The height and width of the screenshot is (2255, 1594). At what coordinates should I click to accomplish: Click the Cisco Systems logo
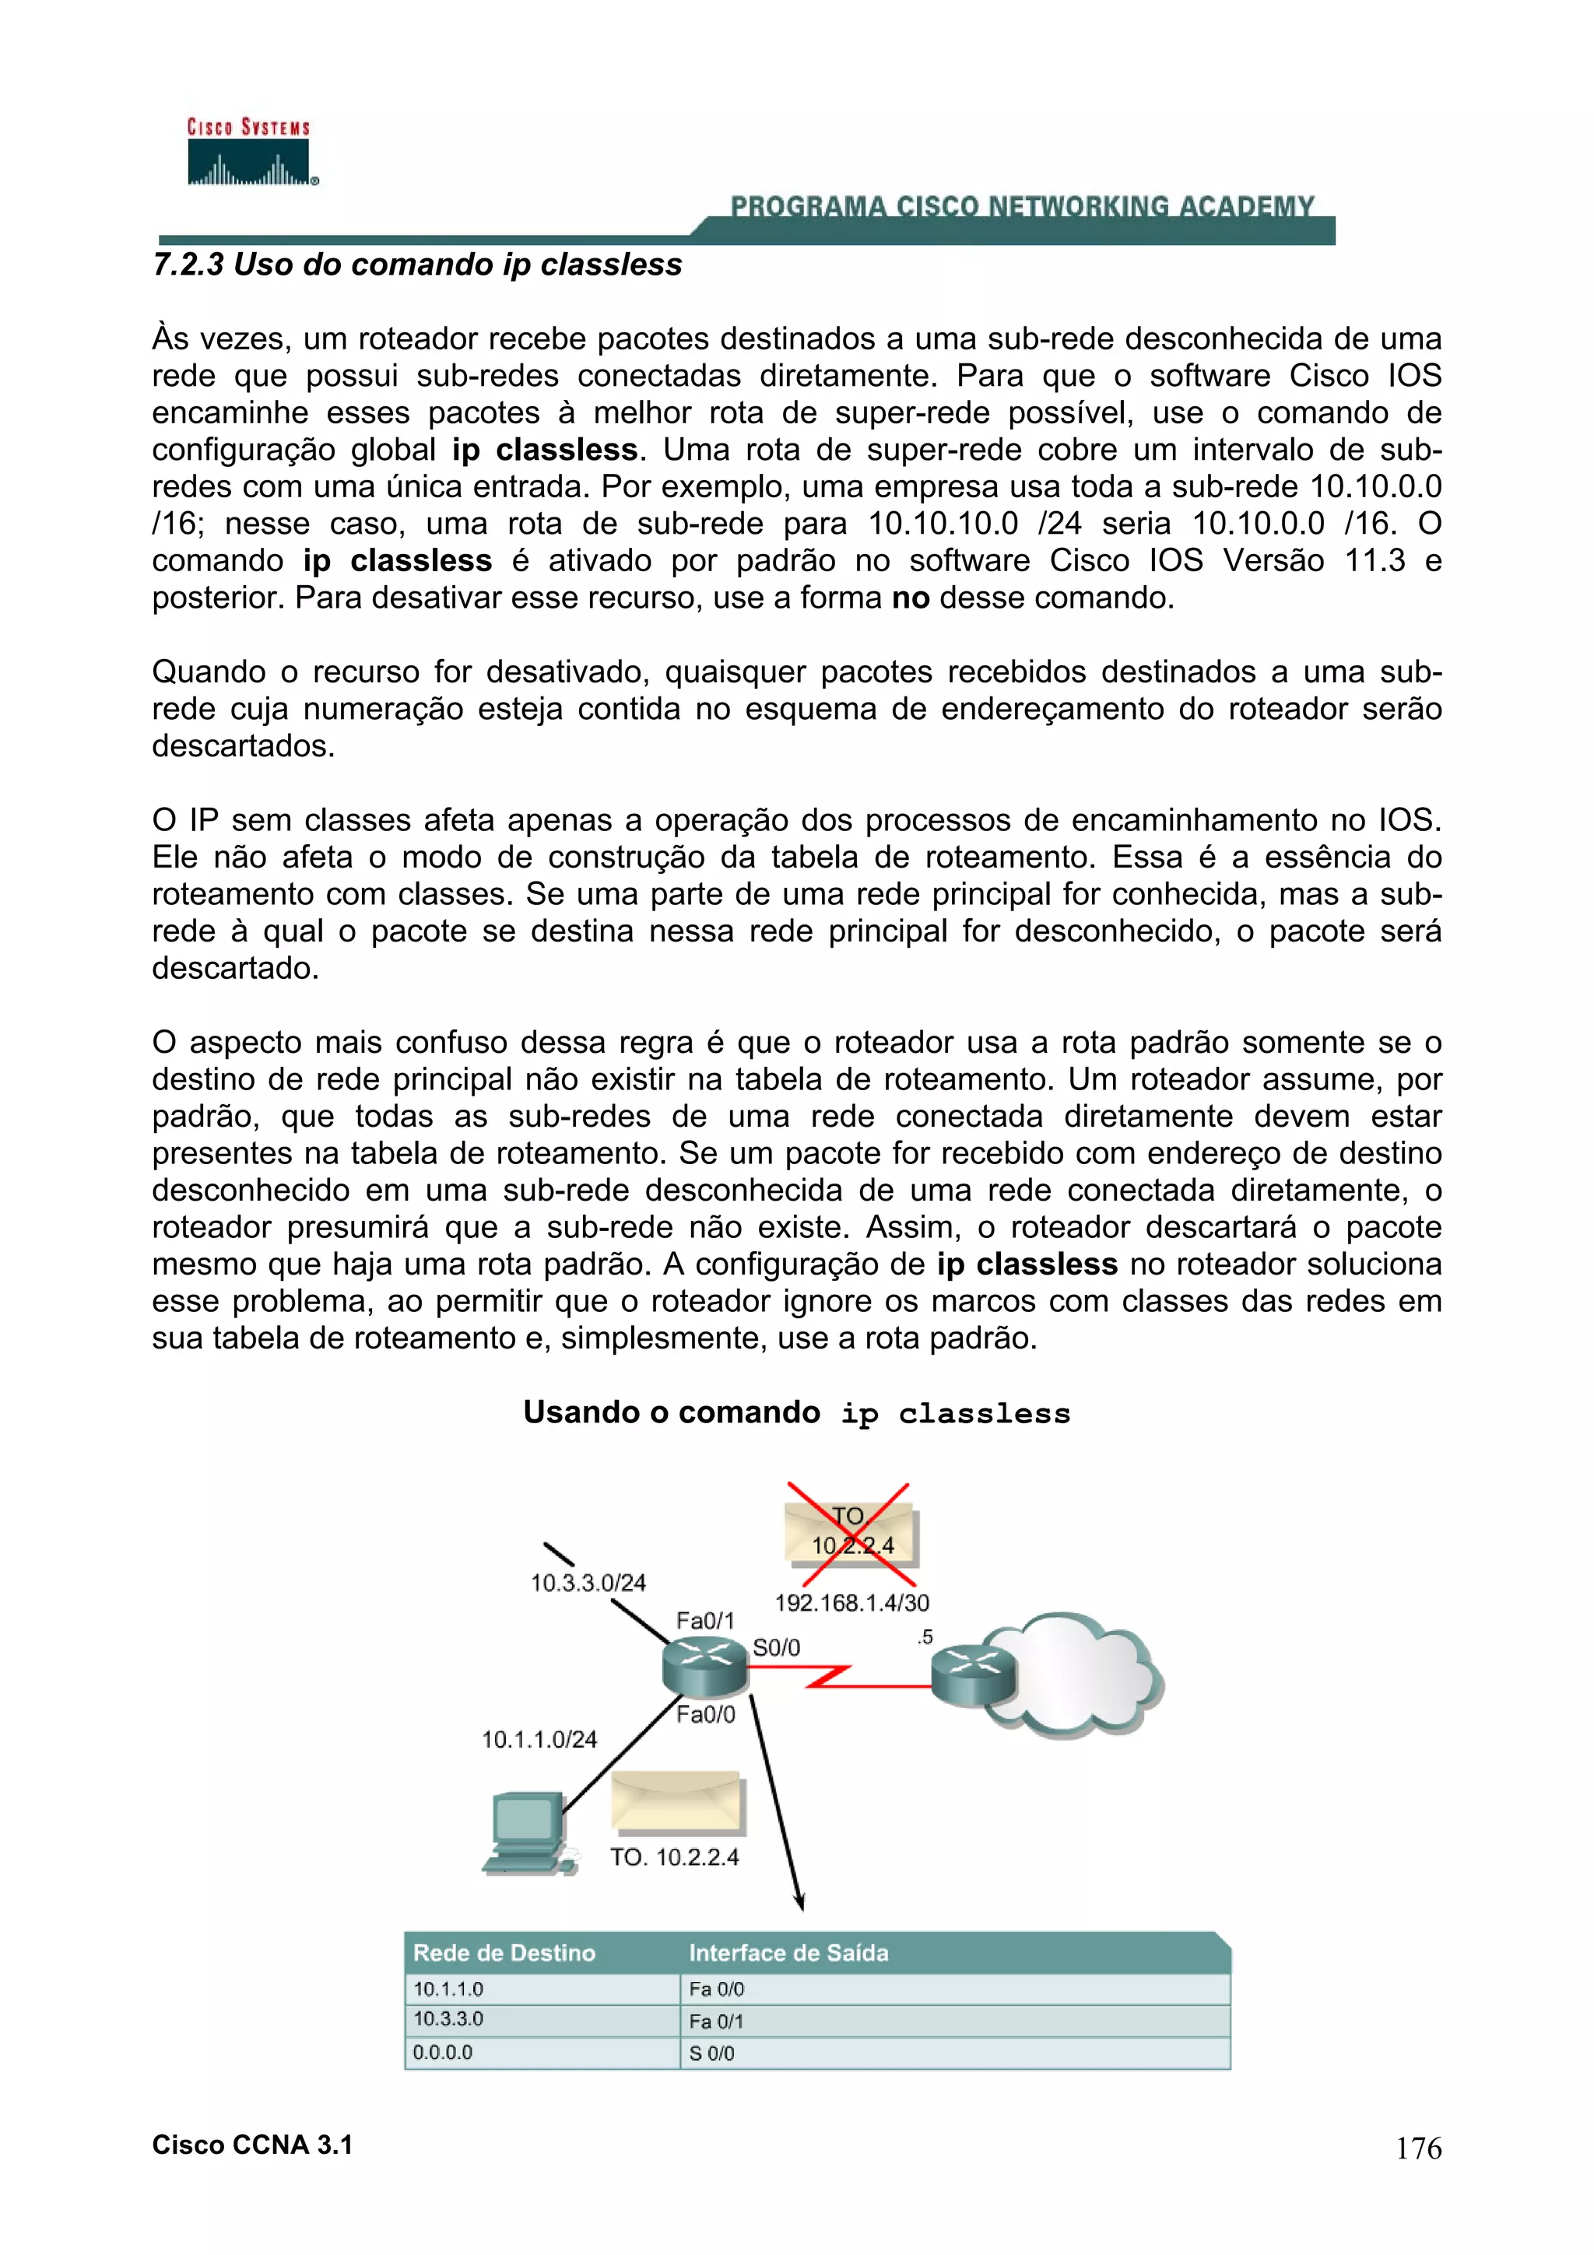250,153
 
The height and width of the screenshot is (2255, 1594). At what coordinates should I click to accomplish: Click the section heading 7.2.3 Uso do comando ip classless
416,265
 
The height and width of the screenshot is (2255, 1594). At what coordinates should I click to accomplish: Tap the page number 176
1418,2148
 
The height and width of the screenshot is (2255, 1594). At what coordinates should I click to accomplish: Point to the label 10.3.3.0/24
588,1582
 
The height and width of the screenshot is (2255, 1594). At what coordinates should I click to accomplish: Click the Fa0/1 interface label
704,1619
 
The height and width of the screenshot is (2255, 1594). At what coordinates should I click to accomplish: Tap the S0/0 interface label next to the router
776,1647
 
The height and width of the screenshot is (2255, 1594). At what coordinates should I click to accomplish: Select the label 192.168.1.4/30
851,1603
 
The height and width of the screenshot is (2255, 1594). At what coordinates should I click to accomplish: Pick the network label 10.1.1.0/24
539,1739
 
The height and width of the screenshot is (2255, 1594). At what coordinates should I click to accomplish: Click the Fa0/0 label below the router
705,1715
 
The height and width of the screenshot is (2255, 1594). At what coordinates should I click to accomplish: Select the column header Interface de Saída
788,1952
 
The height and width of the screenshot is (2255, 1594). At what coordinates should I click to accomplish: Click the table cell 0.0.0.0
443,2053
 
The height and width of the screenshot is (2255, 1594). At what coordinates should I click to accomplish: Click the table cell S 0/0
711,2053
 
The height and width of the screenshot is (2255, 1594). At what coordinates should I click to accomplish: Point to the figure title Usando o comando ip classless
796,1412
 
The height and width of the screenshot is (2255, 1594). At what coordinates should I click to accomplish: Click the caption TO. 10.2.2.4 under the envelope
674,1857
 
